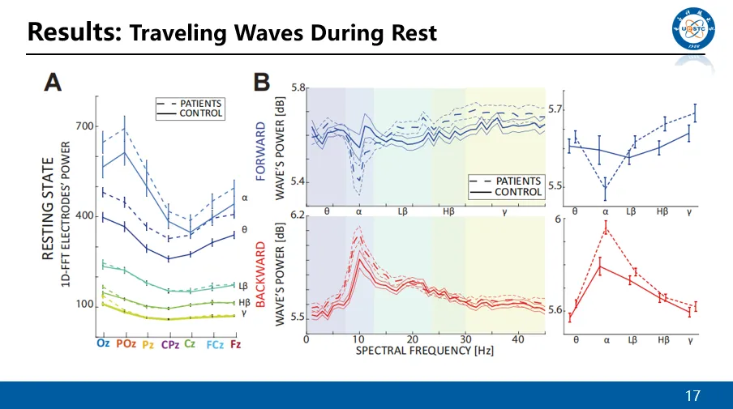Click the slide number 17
[692, 396]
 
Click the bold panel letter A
[54, 81]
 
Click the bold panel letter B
[261, 81]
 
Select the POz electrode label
[125, 344]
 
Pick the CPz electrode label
[169, 344]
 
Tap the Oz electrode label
[104, 344]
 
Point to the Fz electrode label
[234, 344]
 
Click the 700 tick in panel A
[85, 126]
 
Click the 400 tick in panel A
[85, 216]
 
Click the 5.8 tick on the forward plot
[297, 87]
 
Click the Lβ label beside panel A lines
[242, 285]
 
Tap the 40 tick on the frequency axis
[518, 339]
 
